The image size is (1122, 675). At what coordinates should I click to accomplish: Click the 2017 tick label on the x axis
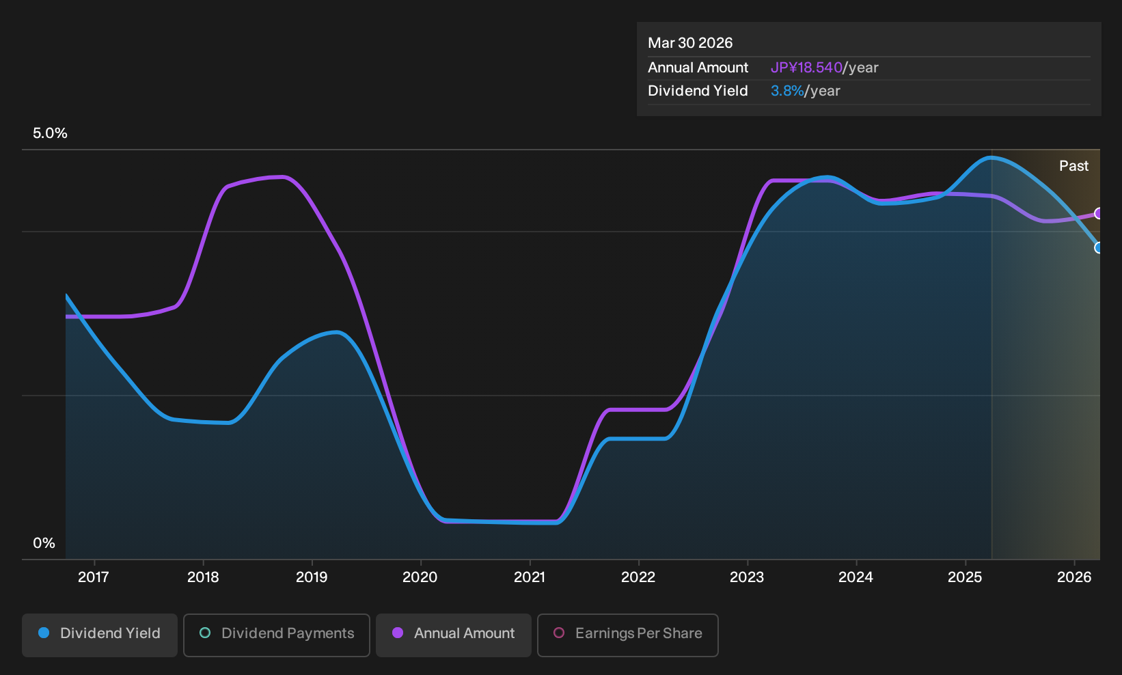coord(94,577)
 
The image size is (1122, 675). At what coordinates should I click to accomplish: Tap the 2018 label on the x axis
coord(203,577)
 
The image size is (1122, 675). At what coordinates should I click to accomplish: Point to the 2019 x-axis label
coord(312,577)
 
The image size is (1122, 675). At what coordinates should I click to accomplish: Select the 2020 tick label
coord(420,577)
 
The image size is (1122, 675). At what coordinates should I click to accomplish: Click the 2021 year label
coord(530,577)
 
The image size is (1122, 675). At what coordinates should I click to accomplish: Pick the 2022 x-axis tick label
coord(638,577)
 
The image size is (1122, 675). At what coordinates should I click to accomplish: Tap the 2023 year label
coord(747,577)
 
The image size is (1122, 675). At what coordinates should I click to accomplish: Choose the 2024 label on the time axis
coord(856,577)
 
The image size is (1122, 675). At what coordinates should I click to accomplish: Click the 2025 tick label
coord(966,577)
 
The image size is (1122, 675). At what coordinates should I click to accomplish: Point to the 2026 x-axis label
coord(1074,577)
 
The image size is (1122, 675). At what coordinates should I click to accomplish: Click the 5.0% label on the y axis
coord(50,133)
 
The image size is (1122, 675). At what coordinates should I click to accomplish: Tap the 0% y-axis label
coord(44,543)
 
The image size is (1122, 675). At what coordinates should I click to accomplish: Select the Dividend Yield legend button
coord(100,635)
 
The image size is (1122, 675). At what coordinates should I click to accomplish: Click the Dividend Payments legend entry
coord(277,635)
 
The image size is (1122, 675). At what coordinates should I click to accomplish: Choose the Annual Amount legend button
coord(453,635)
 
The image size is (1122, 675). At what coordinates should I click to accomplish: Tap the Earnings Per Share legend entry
coord(627,635)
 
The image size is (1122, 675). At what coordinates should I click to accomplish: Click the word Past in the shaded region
coord(1073,166)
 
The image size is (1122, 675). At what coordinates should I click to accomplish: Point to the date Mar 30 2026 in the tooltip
coord(690,43)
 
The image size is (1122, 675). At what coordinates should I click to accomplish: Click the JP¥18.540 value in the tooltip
coord(806,68)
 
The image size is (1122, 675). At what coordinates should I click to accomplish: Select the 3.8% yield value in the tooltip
coord(787,91)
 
